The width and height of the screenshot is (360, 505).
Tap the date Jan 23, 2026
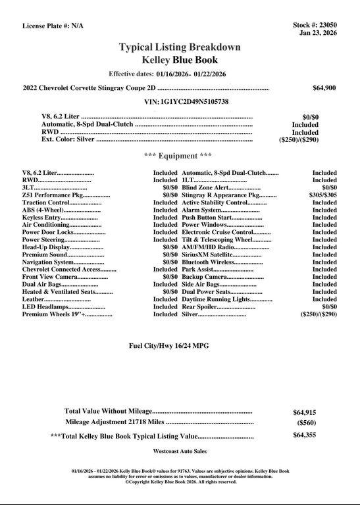pyautogui.click(x=318, y=33)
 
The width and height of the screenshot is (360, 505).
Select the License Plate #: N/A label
pyautogui.click(x=53, y=26)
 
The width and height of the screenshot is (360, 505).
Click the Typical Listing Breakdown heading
pyautogui.click(x=179, y=47)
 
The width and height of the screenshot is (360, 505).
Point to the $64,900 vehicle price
pyautogui.click(x=324, y=87)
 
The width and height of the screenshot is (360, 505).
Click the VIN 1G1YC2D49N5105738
pyautogui.click(x=186, y=102)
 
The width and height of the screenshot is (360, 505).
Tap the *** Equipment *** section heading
pyautogui.click(x=178, y=156)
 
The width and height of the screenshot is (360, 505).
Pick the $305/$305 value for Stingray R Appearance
pyautogui.click(x=323, y=195)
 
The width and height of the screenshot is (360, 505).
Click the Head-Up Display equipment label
pyautogui.click(x=45, y=247)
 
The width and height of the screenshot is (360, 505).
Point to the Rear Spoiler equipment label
pyautogui.click(x=208, y=307)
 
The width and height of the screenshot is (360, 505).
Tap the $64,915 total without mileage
pyautogui.click(x=304, y=413)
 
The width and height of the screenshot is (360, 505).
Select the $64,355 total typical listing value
pyautogui.click(x=304, y=435)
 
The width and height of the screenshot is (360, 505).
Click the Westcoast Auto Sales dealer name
pyautogui.click(x=180, y=452)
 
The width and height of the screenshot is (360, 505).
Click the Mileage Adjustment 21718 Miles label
pyautogui.click(x=115, y=422)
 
